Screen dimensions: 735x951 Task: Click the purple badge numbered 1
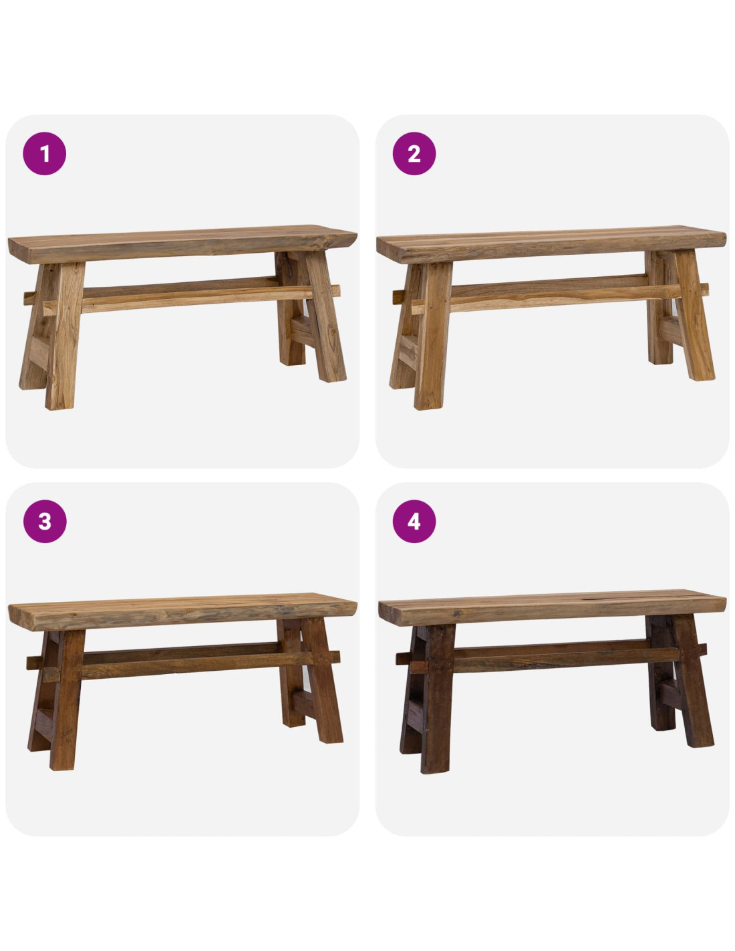[44, 154]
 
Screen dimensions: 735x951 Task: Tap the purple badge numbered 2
[414, 154]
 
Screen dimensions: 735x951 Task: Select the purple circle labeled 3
[45, 521]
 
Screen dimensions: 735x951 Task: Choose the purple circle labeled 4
[414, 521]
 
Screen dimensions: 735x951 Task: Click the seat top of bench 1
[182, 243]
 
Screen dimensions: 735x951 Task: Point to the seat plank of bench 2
[551, 243]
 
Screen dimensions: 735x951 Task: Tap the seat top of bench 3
[182, 611]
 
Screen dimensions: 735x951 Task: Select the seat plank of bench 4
[552, 607]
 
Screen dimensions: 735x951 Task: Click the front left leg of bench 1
[65, 336]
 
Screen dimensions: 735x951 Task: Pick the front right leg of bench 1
[325, 316]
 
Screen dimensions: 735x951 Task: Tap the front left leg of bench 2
[433, 336]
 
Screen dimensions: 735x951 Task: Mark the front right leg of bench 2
[694, 314]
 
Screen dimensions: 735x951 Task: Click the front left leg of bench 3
[66, 700]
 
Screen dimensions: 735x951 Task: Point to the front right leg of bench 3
[323, 680]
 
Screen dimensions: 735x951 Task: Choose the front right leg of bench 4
[693, 680]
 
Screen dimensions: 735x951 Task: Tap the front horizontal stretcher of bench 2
[560, 299]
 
